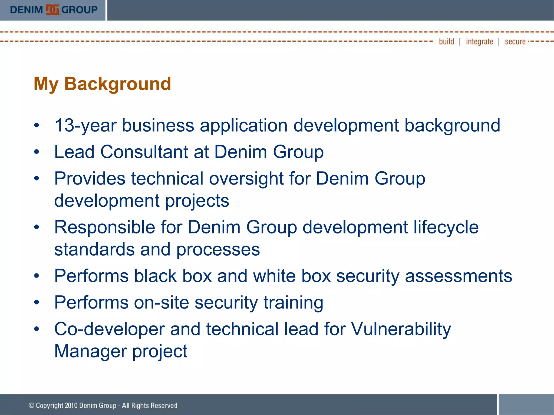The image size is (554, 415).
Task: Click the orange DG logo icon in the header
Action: coord(52,10)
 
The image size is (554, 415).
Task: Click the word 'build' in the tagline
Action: coord(446,42)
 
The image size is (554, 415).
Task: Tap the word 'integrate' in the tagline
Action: coord(479,42)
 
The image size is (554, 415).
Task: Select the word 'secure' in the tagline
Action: coord(515,42)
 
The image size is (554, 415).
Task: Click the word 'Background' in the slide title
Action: coord(117,84)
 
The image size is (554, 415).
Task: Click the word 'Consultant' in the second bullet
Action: coord(144,152)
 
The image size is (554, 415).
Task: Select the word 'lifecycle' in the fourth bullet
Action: coord(446,227)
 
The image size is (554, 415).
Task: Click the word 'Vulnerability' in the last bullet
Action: coord(401,329)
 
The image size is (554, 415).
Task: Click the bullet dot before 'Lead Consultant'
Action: coord(37,152)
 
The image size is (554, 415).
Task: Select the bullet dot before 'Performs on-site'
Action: coord(37,303)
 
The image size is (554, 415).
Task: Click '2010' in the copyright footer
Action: coord(71,406)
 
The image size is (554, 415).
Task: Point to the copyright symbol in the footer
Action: coord(31,406)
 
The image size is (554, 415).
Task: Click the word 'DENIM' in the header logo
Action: coord(27,10)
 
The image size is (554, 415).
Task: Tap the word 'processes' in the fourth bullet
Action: coord(218,249)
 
